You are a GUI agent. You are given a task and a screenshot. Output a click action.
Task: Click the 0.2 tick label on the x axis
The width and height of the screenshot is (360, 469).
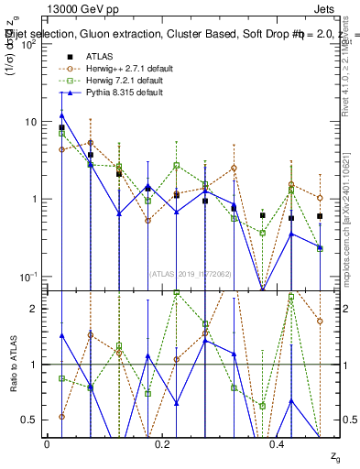[162, 443]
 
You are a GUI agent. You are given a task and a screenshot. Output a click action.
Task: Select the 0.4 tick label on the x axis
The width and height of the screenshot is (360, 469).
[278, 443]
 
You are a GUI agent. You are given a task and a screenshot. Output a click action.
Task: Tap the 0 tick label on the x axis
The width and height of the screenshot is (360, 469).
[47, 443]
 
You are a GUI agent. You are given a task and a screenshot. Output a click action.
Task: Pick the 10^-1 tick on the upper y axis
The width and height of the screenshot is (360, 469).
[27, 277]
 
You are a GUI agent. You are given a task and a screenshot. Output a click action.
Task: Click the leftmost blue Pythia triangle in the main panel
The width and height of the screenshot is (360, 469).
[61, 115]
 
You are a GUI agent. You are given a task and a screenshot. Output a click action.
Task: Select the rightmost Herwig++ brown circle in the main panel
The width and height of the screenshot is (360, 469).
[320, 198]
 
